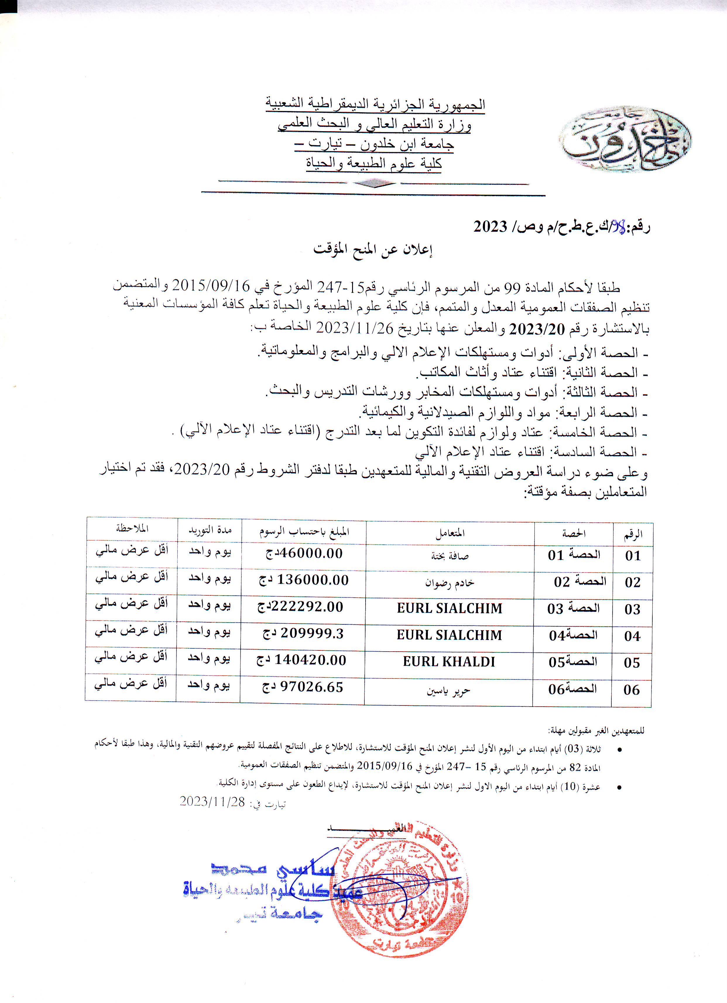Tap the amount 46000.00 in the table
(x=304, y=553)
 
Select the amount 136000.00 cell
(x=304, y=580)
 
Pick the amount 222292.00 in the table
(x=301, y=607)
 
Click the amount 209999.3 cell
(x=304, y=634)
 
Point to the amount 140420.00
(x=302, y=660)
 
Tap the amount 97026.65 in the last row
(x=303, y=687)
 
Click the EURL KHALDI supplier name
(x=449, y=662)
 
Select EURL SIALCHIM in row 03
(x=450, y=608)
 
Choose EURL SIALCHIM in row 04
(x=450, y=635)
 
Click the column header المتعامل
(x=450, y=533)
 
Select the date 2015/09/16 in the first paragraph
(x=211, y=286)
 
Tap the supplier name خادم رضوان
(x=450, y=583)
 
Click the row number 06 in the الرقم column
(x=632, y=690)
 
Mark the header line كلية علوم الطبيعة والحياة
(x=374, y=164)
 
